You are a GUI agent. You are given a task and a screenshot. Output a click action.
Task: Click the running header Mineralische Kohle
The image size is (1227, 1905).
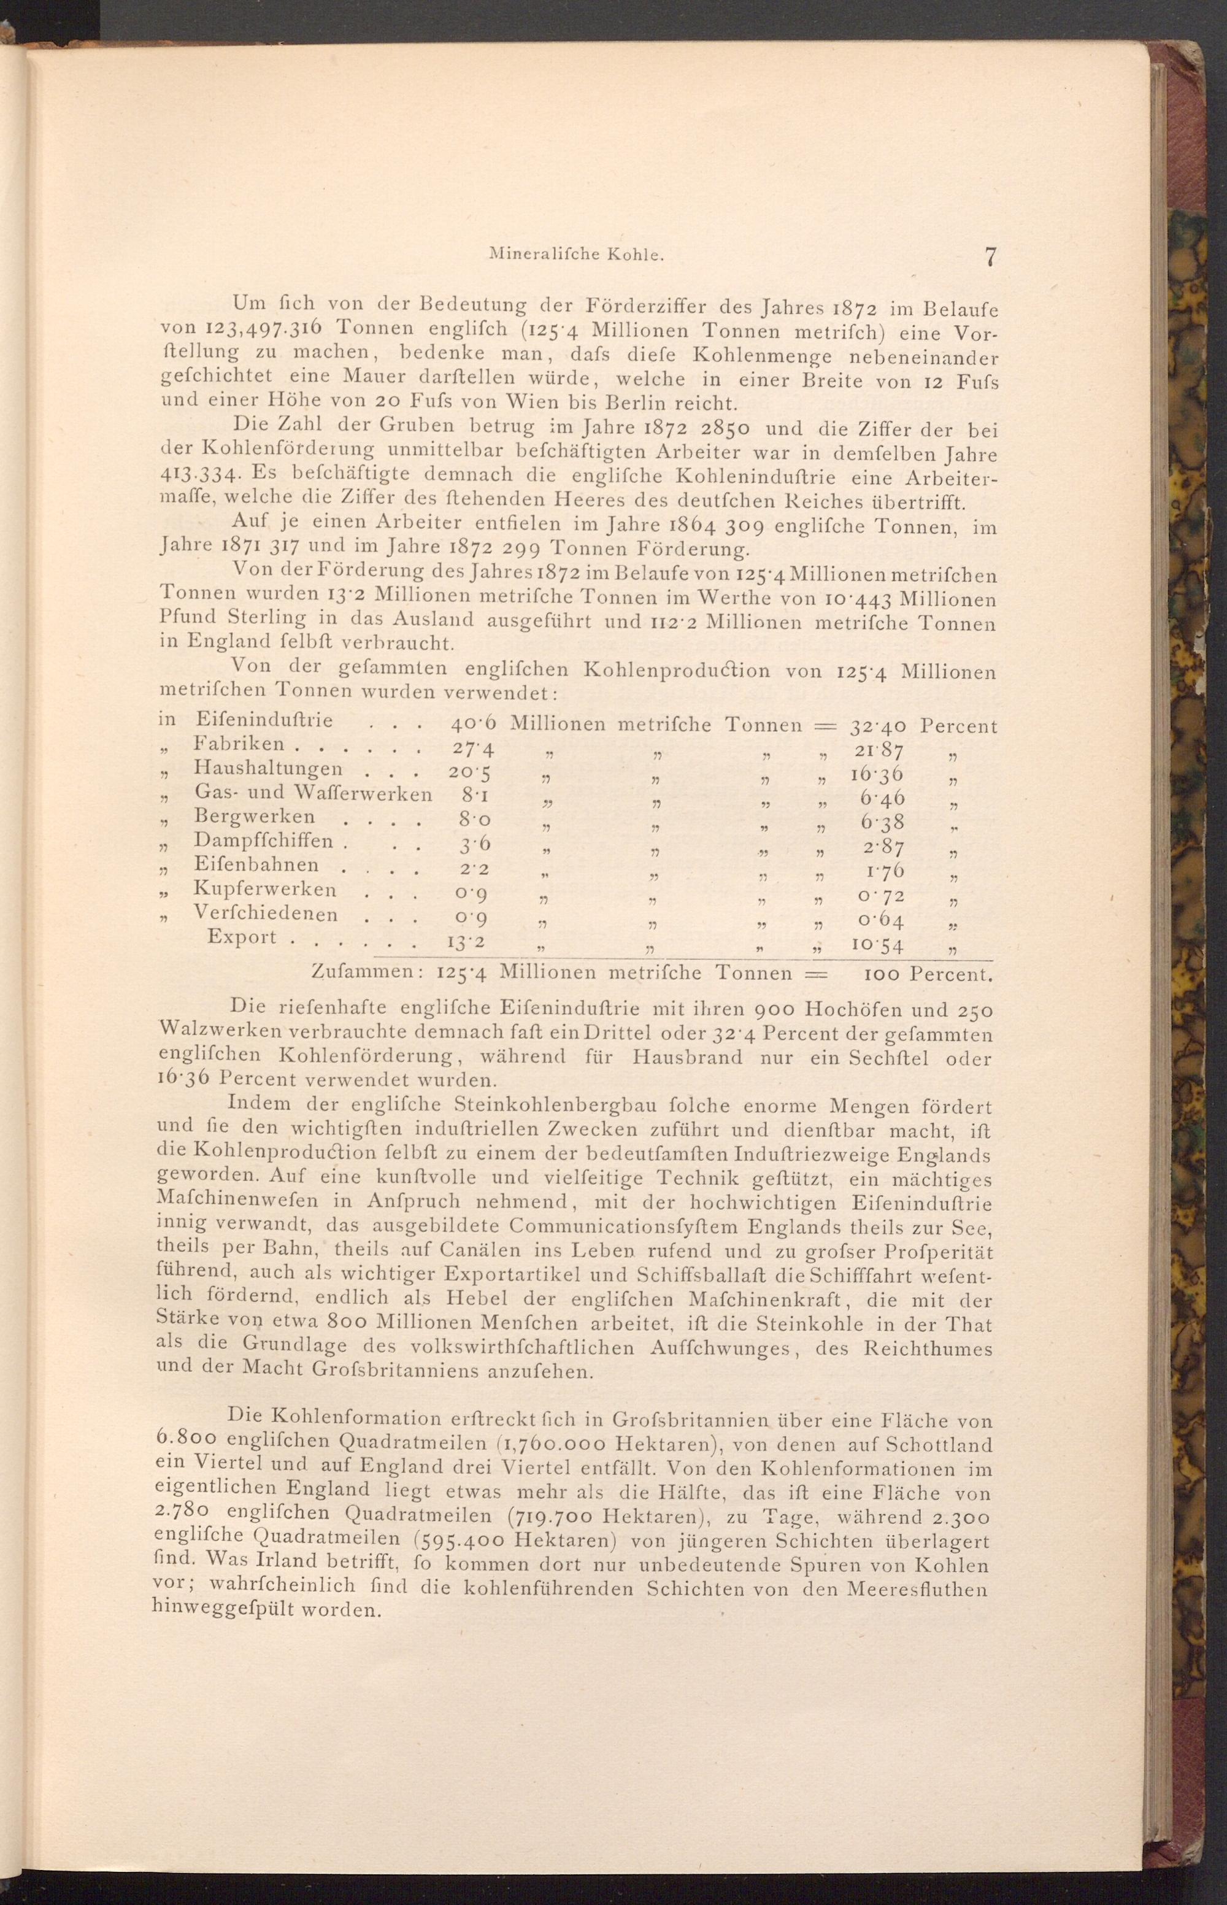pyautogui.click(x=577, y=255)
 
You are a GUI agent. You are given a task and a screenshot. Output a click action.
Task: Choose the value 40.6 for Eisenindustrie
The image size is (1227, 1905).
pyautogui.click(x=473, y=724)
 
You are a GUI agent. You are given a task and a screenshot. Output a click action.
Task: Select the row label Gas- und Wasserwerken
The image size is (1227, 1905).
pyautogui.click(x=312, y=793)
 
